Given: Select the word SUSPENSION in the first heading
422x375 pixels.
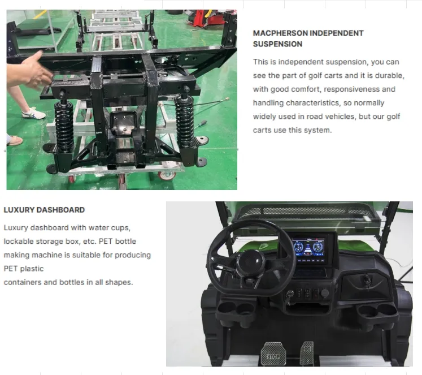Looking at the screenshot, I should point(277,44).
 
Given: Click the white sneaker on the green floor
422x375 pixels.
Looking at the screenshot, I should point(33,113).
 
